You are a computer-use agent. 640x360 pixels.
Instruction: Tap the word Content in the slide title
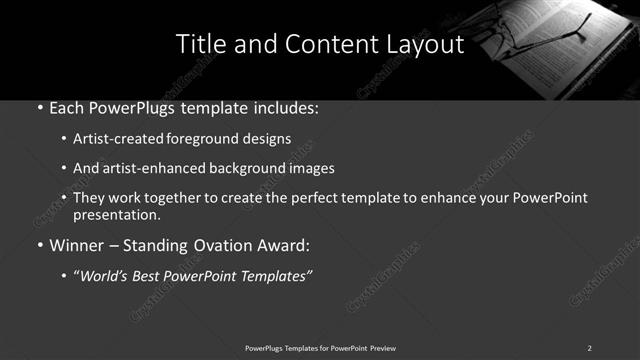tap(321, 45)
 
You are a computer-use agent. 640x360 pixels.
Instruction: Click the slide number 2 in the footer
tap(589, 347)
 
